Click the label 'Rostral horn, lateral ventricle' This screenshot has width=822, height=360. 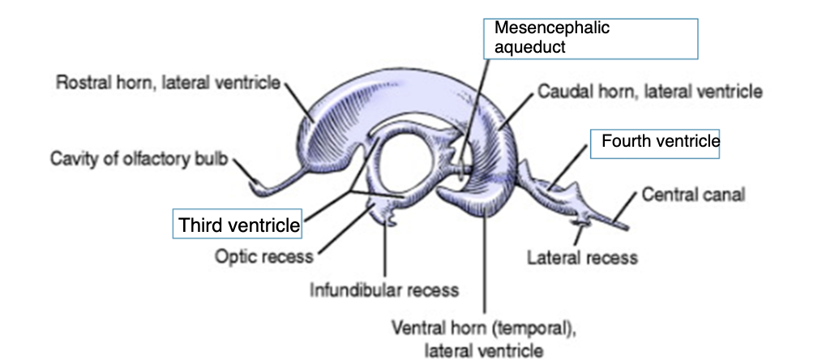tap(167, 82)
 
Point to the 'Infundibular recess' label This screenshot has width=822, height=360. tap(384, 289)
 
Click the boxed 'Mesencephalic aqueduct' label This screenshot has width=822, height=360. tap(551, 36)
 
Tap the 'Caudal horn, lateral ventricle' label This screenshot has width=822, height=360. tap(649, 92)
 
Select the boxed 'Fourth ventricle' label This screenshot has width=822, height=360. tap(660, 142)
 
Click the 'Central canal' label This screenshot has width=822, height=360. tap(693, 195)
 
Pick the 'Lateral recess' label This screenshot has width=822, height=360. tap(581, 258)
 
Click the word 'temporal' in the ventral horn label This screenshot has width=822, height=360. tap(523, 329)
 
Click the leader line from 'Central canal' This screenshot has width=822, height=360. tap(627, 206)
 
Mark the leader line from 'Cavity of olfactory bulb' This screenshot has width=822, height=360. tap(244, 171)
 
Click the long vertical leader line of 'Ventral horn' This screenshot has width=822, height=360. tap(484, 268)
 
